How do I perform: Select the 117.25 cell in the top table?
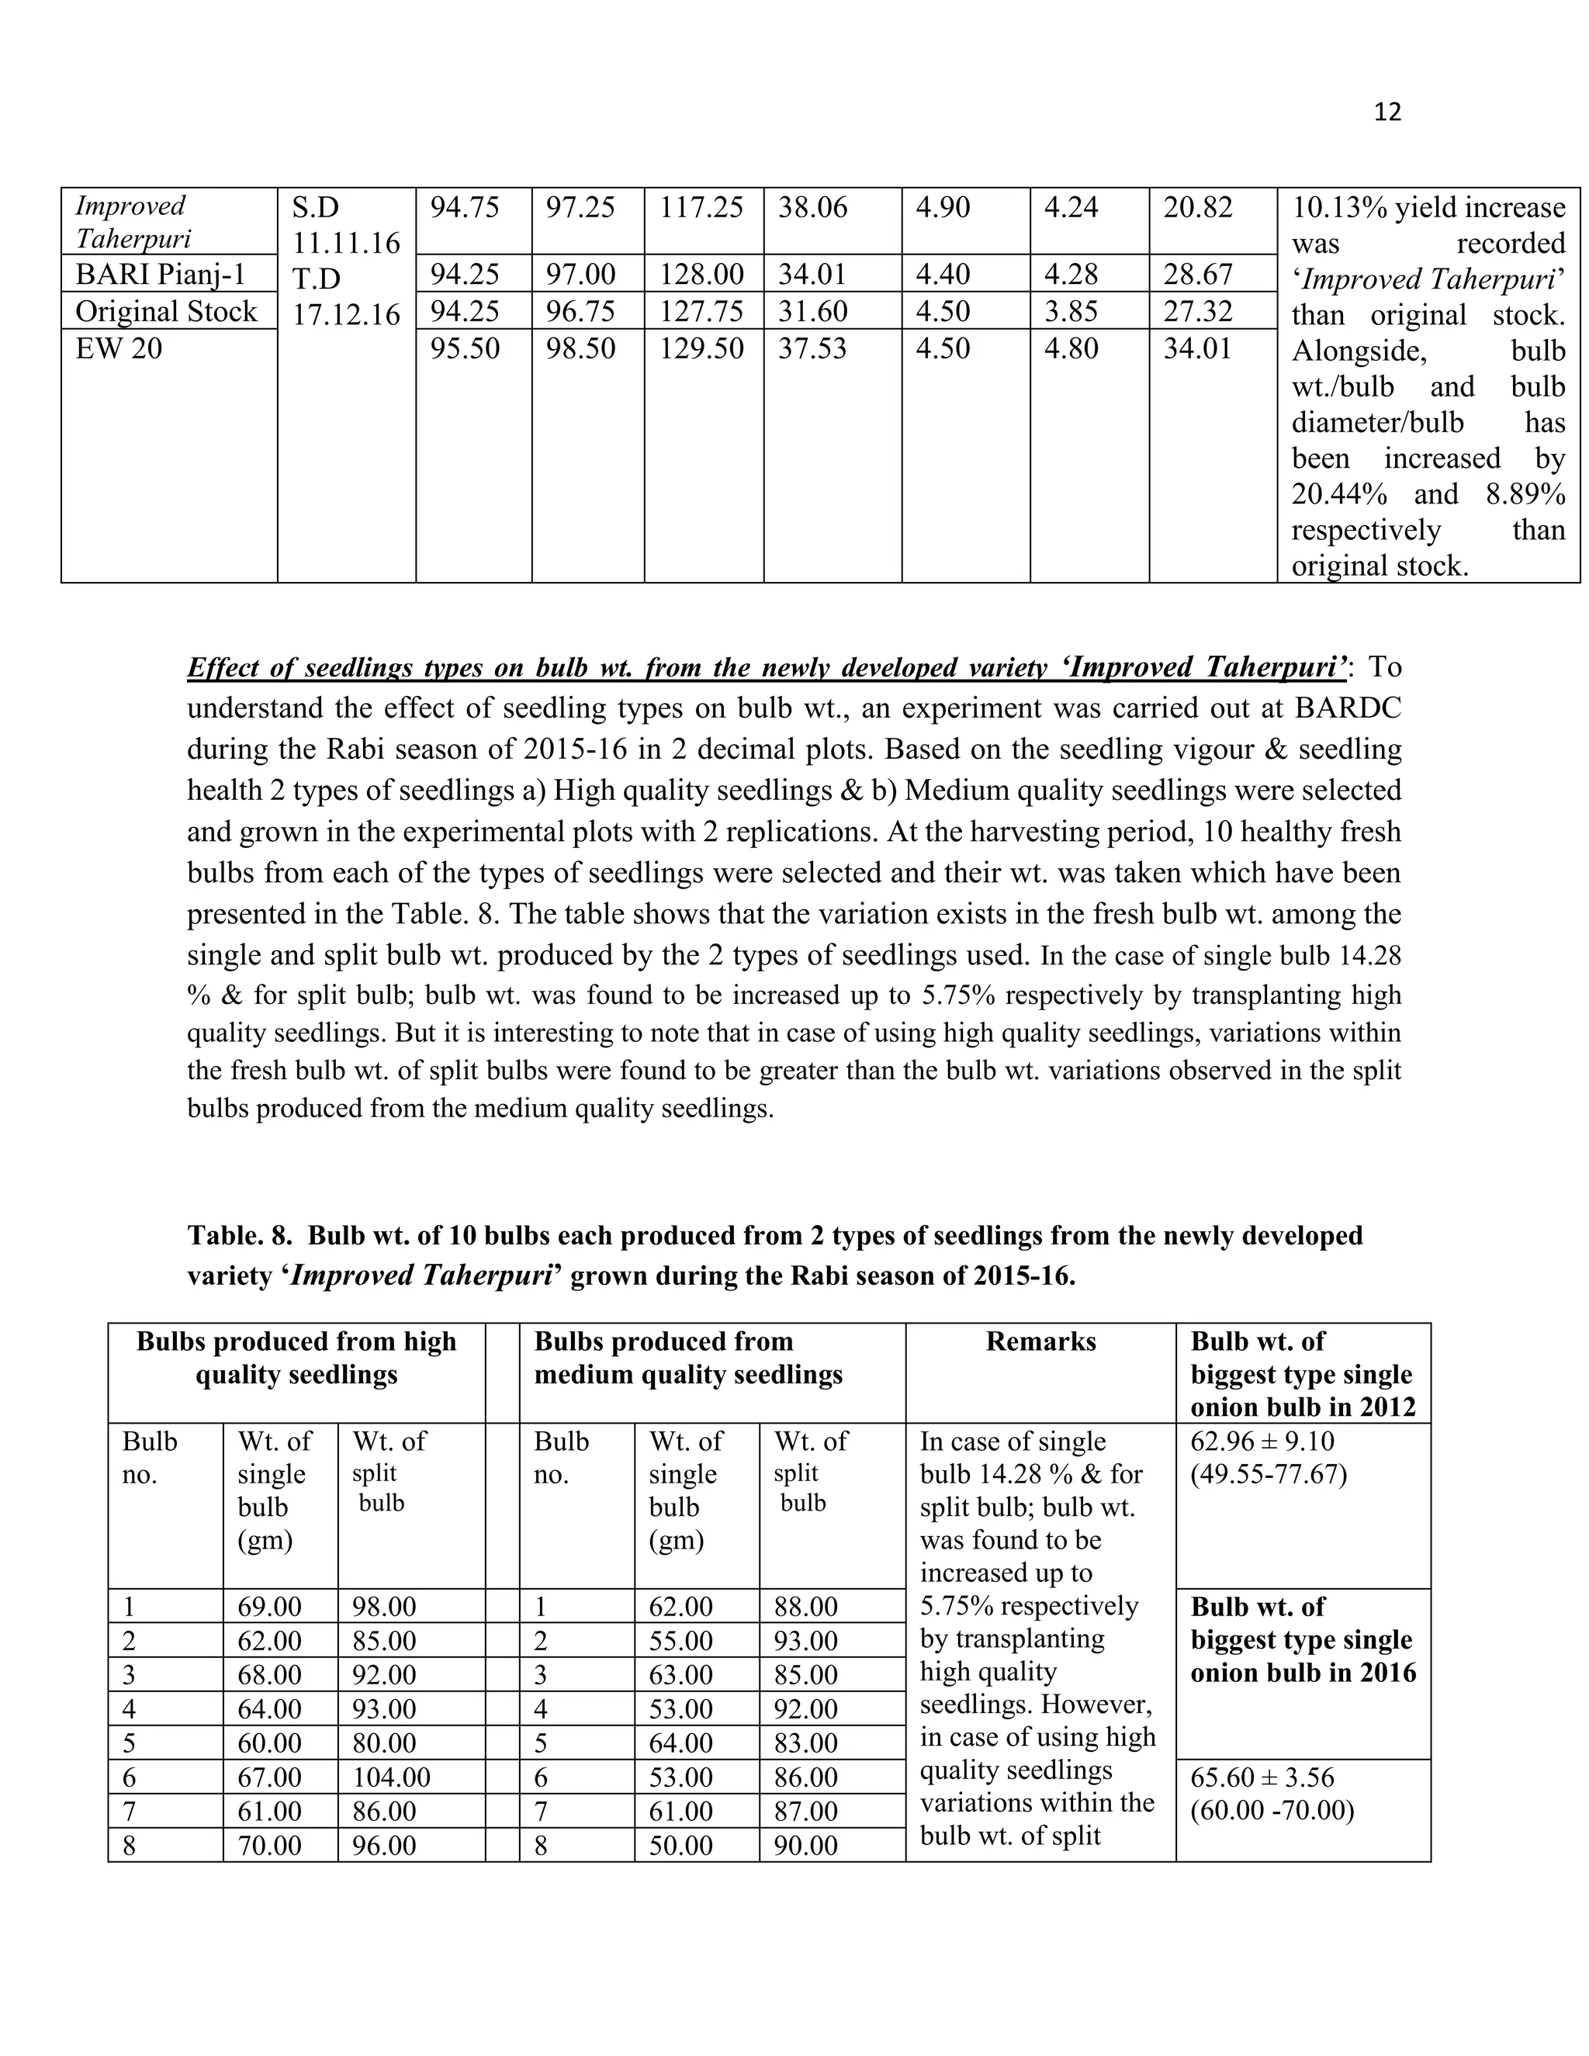click(x=701, y=207)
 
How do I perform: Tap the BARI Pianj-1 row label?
click(x=160, y=275)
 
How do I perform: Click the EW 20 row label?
click(x=119, y=348)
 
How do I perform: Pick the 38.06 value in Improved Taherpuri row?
click(x=812, y=207)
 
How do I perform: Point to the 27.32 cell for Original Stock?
click(x=1197, y=312)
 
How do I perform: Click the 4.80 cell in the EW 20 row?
click(x=1071, y=348)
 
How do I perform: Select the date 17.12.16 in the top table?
click(x=346, y=314)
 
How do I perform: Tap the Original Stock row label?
click(x=166, y=312)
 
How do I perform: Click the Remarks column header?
click(x=1040, y=1341)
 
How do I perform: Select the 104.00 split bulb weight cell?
click(x=392, y=1777)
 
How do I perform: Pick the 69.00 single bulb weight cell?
click(x=269, y=1607)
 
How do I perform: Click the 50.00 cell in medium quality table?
click(x=680, y=1845)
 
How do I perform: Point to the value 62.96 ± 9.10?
click(x=1262, y=1442)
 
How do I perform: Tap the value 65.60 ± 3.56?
click(x=1262, y=1777)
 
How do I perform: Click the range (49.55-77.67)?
click(x=1268, y=1474)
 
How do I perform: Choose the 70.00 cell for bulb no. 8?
click(x=269, y=1845)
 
